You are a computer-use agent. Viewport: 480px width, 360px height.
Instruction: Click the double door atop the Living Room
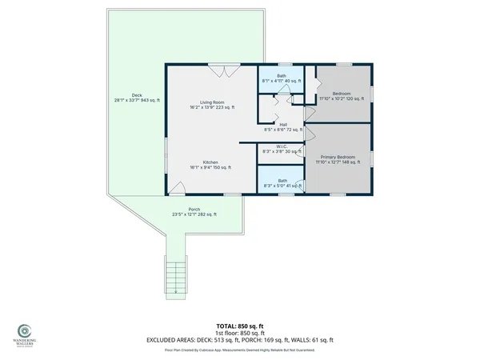tap(222, 70)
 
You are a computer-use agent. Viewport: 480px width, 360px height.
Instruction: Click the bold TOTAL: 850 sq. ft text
tap(239, 326)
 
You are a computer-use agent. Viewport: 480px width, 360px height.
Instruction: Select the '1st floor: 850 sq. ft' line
tap(239, 333)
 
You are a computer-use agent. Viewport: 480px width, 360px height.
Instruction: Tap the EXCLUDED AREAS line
tap(239, 340)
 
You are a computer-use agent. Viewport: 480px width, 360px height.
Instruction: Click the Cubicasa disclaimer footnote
tap(239, 350)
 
